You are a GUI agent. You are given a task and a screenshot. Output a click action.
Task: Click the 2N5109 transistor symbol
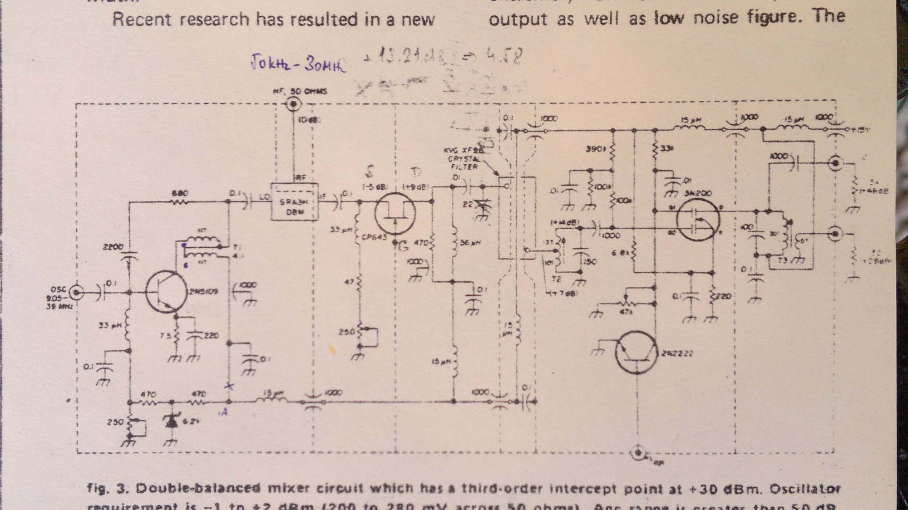[166, 291]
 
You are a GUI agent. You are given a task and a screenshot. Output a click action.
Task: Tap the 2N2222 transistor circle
[636, 353]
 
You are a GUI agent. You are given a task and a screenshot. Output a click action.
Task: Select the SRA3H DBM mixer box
[294, 202]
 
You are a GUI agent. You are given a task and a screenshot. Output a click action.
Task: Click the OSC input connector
[77, 293]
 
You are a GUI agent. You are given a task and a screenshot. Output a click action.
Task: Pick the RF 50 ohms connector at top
[293, 104]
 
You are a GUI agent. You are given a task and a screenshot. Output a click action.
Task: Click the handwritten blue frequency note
[297, 64]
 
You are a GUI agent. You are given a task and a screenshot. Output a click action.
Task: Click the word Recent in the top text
[139, 20]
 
